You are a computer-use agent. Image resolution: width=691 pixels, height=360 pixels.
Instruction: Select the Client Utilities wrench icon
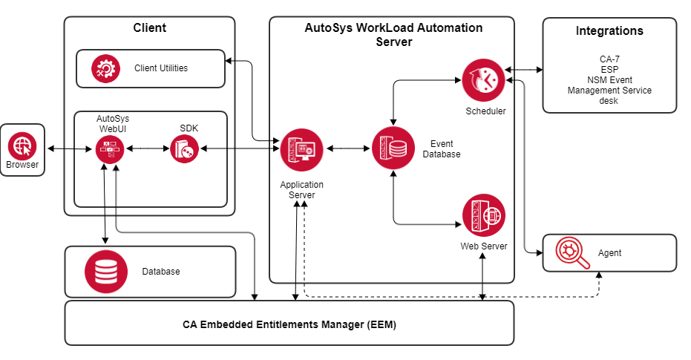(x=105, y=68)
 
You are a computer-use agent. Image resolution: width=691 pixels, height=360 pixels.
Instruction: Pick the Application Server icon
(x=301, y=150)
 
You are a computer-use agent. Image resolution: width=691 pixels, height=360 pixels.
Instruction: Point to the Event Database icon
(x=393, y=148)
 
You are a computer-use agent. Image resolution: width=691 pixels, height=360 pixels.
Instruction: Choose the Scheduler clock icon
(x=483, y=81)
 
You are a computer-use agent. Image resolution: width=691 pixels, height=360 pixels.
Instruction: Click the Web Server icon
(x=483, y=216)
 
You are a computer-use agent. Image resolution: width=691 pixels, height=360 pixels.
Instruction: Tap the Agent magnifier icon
(x=568, y=252)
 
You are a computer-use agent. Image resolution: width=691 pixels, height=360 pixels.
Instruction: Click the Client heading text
(x=149, y=28)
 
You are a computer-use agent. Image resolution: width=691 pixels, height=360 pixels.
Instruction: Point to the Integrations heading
(x=609, y=31)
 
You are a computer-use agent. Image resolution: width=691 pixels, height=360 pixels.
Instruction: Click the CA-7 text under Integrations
(x=609, y=59)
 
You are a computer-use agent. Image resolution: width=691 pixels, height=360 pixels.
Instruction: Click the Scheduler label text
(x=485, y=111)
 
